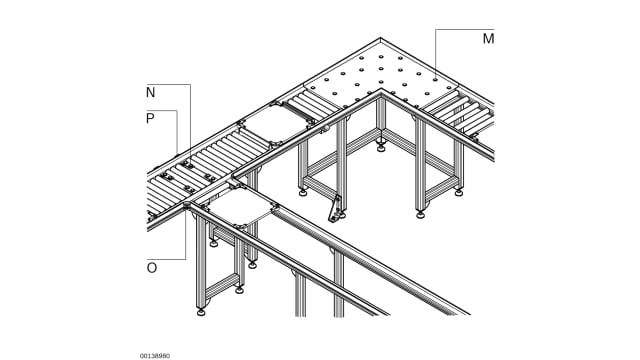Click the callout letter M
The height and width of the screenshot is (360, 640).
coord(488,39)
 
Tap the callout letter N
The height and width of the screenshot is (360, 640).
coord(151,93)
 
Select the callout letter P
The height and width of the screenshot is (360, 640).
coord(150,118)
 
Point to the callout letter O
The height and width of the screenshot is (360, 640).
coord(151,268)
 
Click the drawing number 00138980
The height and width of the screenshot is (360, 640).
coord(155,356)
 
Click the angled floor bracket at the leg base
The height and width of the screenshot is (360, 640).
coord(335,209)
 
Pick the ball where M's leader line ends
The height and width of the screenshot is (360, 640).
coord(436,80)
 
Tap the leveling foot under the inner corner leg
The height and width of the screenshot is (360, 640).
coord(381,147)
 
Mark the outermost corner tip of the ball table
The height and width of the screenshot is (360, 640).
coord(380,38)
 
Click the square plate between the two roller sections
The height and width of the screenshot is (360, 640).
coord(276,123)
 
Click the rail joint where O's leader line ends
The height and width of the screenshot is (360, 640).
coord(187,205)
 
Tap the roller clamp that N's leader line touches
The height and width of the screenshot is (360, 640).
coord(189,165)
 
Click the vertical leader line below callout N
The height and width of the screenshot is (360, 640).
coord(191,123)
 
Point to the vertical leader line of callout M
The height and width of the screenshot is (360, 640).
coord(436,53)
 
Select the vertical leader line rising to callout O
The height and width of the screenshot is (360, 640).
coord(186,233)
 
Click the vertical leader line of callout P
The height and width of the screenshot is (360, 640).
coord(177,132)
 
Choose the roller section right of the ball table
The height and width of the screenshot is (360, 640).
coord(457,112)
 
